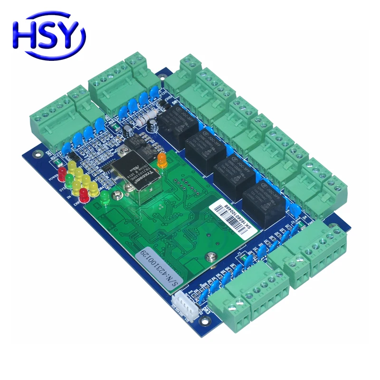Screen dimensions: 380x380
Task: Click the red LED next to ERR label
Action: [84, 194]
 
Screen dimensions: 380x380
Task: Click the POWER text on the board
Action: [53, 179]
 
